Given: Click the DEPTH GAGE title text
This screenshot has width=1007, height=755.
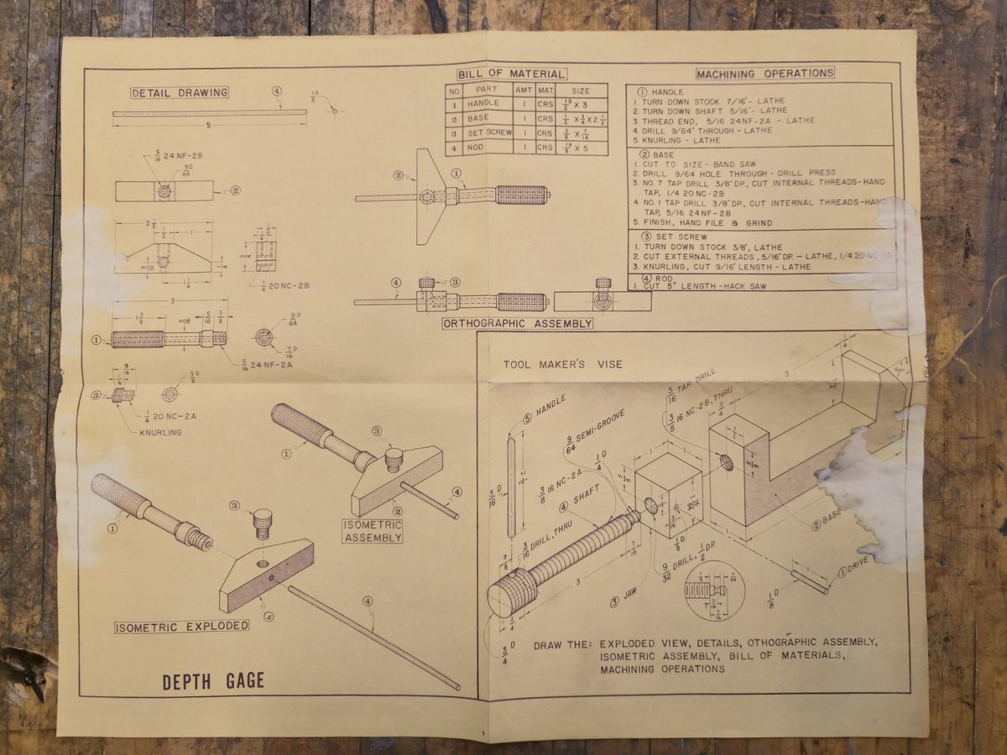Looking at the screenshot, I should click(213, 681).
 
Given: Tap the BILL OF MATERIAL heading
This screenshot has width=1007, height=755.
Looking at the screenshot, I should click(512, 75).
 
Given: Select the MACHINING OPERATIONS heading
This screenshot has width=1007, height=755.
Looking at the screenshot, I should click(764, 74).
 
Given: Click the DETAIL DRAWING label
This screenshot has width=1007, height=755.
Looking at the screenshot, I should click(180, 92).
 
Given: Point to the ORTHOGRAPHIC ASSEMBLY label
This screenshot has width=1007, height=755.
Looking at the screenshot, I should click(518, 323).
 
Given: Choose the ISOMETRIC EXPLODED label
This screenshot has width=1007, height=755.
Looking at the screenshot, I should click(182, 626).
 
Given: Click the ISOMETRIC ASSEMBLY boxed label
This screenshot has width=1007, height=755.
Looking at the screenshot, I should click(372, 531).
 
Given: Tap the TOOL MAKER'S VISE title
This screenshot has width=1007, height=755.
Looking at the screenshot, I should click(563, 365).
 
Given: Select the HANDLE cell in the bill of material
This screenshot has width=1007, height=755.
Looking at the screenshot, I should click(485, 104).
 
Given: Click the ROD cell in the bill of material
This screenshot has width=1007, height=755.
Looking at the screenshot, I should click(485, 148).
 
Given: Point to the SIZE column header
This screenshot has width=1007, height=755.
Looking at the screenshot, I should click(580, 90).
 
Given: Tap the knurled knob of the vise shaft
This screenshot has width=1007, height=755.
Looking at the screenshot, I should click(513, 592).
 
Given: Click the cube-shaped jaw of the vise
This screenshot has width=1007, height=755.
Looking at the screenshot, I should click(668, 495).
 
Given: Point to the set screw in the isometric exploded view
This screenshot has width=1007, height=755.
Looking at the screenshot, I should click(263, 524).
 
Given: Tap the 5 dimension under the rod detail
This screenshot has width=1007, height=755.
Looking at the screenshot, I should click(207, 125).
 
